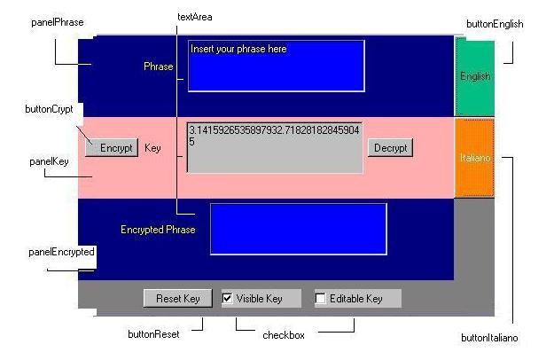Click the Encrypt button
[112, 148]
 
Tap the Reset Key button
[177, 299]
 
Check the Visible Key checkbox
[227, 299]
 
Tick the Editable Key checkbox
[321, 299]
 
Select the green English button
[475, 76]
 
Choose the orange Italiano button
[475, 158]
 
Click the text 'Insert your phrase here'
[238, 49]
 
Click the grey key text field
[275, 148]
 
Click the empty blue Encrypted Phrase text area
[299, 229]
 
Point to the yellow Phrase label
[159, 67]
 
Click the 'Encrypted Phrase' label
[158, 230]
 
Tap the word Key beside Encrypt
[152, 148]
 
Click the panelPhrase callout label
[58, 22]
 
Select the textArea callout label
[195, 17]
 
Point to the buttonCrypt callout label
[49, 109]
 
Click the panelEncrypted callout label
[61, 252]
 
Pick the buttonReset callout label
[153, 334]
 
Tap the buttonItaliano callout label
[489, 338]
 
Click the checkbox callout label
[284, 335]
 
